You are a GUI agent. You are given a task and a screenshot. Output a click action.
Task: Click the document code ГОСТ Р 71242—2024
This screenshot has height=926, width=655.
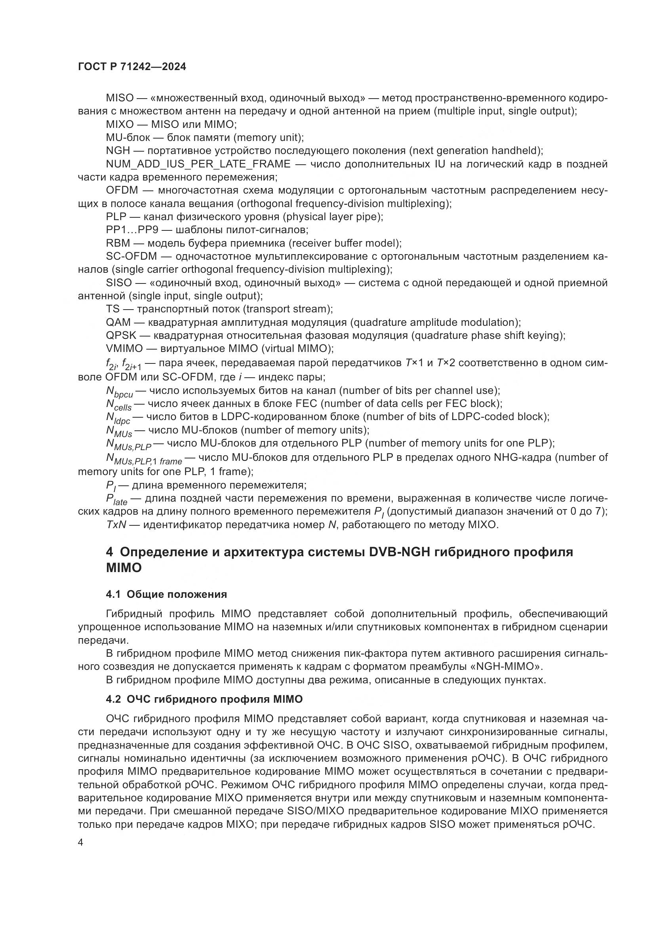coord(132,67)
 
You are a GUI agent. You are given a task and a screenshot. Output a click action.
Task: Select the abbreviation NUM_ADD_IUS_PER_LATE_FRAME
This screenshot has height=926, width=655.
coord(198,164)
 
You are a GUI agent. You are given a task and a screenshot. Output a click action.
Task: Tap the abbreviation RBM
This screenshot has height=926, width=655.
coord(118,243)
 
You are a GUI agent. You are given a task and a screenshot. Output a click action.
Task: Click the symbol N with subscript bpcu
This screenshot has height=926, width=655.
coord(119,392)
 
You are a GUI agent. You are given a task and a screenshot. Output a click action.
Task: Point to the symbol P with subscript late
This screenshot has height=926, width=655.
coord(116,500)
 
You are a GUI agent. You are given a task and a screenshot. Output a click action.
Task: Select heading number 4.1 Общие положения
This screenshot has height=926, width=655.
coord(166,594)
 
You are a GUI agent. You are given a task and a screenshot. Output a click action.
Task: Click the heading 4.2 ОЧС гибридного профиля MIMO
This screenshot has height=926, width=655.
coord(204,699)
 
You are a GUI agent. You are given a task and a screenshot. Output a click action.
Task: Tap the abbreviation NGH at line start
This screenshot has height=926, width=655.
coord(118,151)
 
